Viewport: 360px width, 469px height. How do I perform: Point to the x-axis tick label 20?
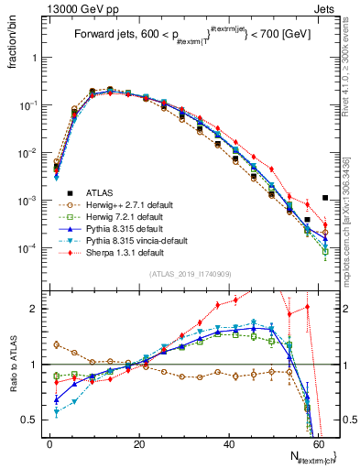click(x=138, y=442)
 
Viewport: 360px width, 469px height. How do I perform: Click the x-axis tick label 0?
click(x=49, y=442)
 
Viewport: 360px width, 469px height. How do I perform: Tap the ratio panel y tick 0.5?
click(x=31, y=420)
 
